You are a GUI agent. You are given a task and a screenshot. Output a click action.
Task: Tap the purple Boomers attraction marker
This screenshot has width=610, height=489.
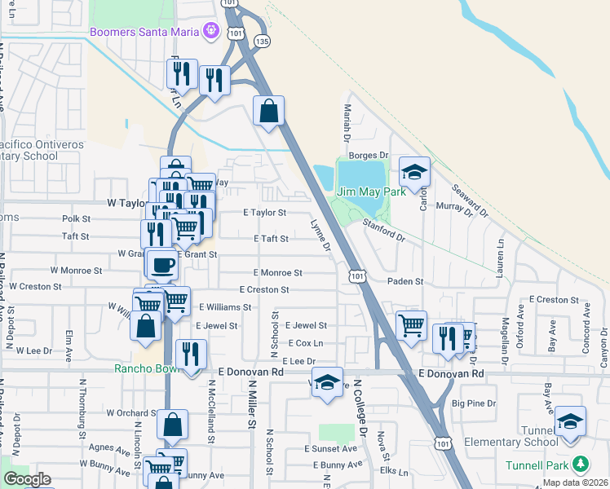click(211, 31)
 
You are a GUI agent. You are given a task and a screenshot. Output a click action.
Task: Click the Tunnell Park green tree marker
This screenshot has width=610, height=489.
click(580, 464)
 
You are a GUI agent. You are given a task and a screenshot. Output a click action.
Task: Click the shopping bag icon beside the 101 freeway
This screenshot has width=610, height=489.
click(268, 110)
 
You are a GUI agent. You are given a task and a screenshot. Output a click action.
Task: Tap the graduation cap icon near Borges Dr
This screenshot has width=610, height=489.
click(414, 172)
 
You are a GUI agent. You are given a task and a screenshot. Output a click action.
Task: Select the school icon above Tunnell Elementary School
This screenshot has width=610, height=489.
click(570, 421)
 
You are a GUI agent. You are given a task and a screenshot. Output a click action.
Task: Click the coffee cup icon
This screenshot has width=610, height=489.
click(163, 264)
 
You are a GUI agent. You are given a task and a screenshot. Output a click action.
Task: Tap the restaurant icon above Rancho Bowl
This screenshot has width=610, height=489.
click(191, 355)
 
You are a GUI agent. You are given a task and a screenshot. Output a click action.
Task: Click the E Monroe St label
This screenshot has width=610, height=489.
click(278, 272)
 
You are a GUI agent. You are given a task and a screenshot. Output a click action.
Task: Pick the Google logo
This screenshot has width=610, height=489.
click(27, 479)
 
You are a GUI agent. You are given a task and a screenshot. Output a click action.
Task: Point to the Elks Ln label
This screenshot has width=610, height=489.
click(394, 471)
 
